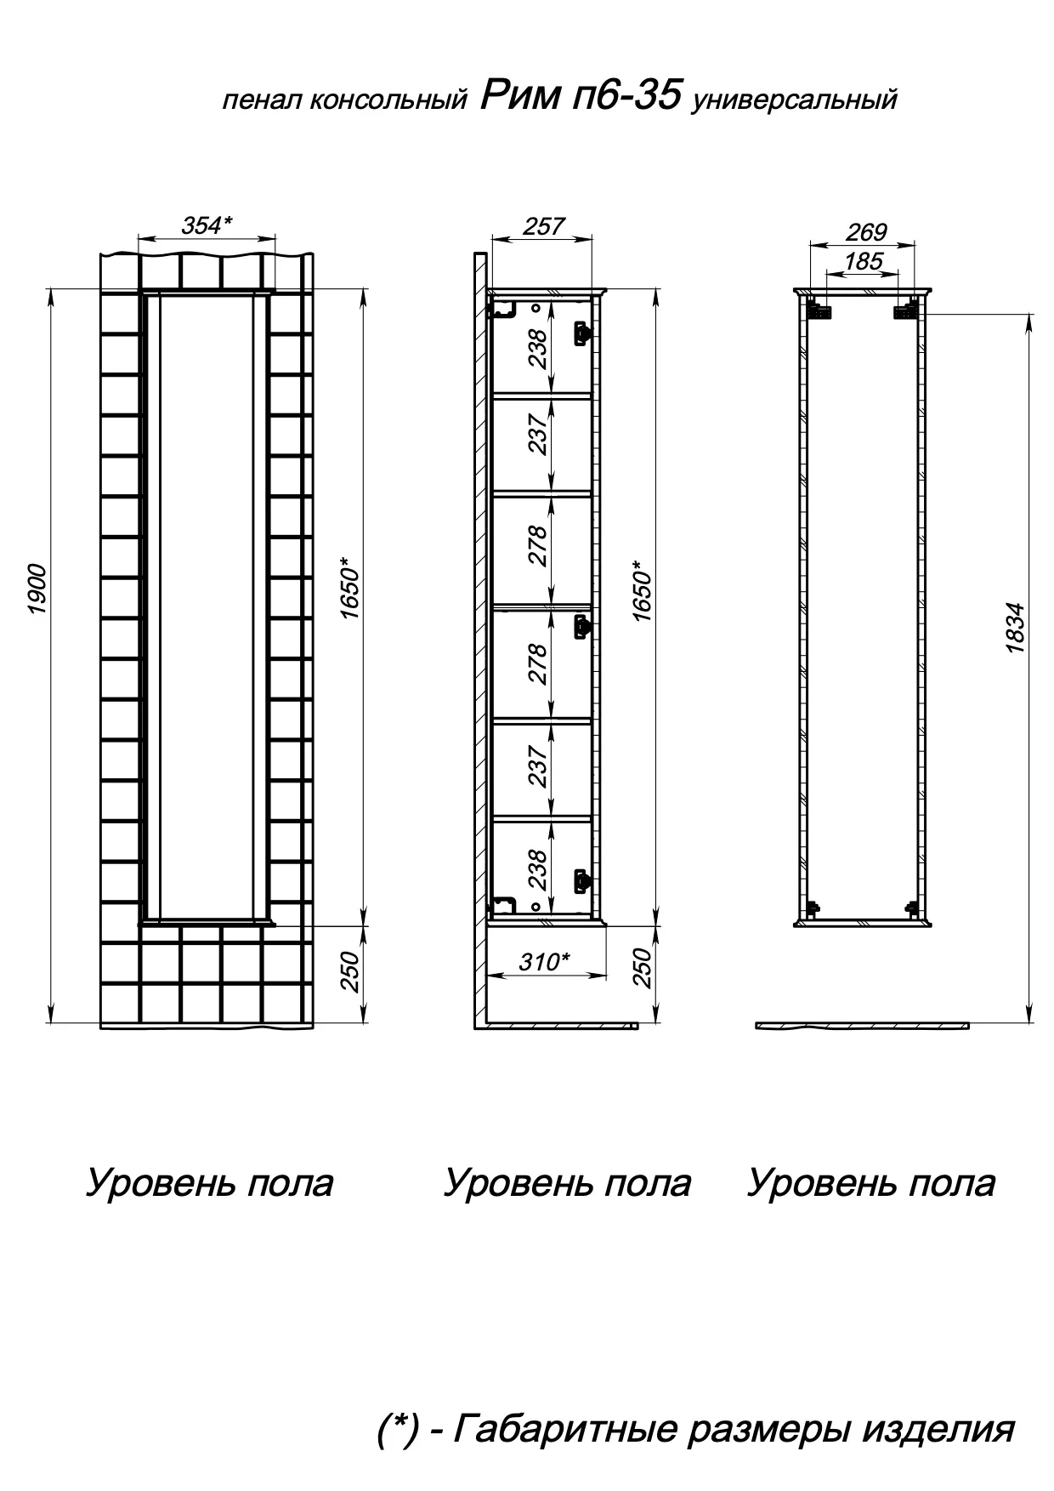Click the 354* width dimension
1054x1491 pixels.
pos(207,225)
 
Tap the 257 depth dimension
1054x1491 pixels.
pos(543,226)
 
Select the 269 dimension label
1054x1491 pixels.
pos(866,231)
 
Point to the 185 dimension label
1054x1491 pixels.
pos(864,261)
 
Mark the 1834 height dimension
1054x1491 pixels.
pos(1015,628)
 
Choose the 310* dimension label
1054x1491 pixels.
pos(544,962)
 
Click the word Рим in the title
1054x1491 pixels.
pos(518,96)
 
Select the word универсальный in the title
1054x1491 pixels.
pos(795,101)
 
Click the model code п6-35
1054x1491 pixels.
pos(626,96)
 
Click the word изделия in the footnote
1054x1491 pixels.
pos(938,1429)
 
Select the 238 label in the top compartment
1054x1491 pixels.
pos(537,349)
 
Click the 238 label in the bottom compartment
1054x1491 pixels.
pos(537,869)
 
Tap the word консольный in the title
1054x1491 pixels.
pos(388,101)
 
